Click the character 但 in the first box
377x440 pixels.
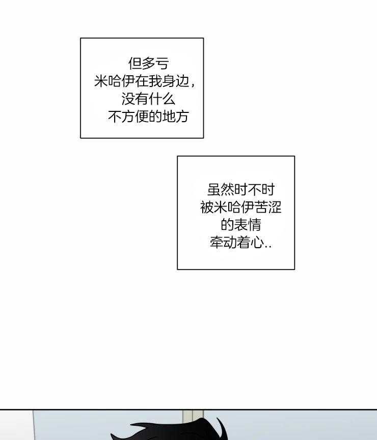(x=135, y=64)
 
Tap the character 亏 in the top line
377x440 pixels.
(x=162, y=64)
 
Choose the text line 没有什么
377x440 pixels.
(x=148, y=99)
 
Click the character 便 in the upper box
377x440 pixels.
(x=142, y=116)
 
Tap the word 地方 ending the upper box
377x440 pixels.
(x=175, y=116)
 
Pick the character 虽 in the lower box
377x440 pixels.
(x=214, y=190)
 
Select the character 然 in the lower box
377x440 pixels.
(x=227, y=190)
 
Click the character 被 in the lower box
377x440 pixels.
(x=207, y=208)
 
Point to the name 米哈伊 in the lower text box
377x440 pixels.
(x=234, y=208)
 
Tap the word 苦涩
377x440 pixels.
(x=267, y=208)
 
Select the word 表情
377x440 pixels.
(x=248, y=225)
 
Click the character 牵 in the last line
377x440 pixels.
(x=217, y=242)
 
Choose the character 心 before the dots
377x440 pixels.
(x=257, y=242)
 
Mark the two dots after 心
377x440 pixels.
(x=268, y=247)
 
